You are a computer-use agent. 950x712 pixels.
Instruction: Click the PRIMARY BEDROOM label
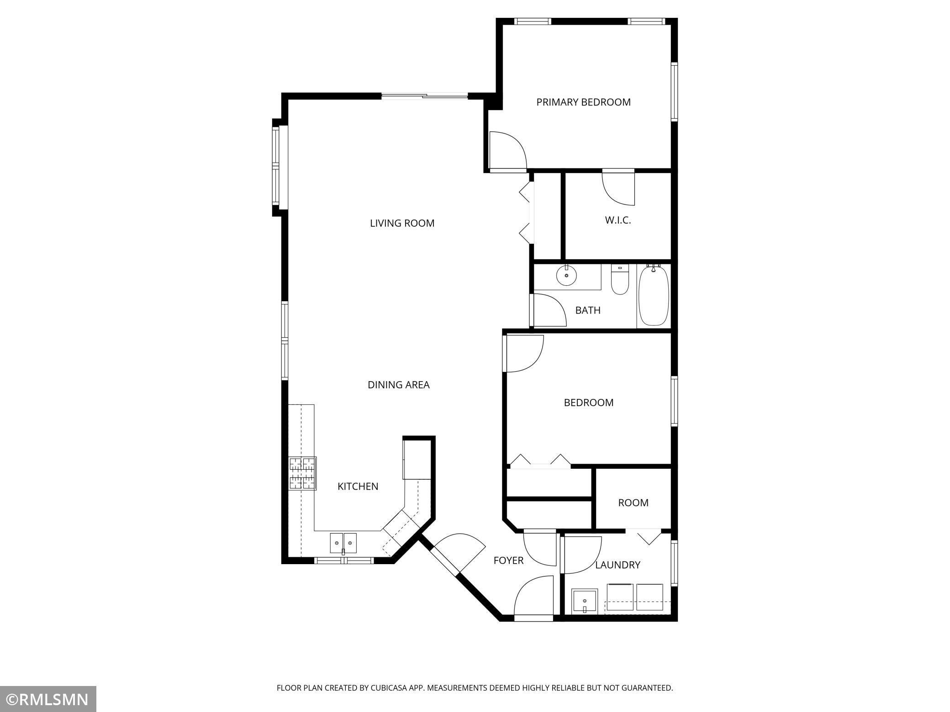point(583,102)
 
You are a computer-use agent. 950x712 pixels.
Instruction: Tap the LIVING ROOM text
point(402,223)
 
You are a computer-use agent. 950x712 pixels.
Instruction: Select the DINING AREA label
point(398,385)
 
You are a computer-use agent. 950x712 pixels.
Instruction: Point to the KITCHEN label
point(358,487)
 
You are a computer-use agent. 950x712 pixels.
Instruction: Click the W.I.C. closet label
point(618,220)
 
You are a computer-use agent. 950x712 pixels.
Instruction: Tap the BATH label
point(588,310)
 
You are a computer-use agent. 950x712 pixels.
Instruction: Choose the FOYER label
point(508,560)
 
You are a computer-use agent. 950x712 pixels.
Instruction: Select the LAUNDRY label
point(617,565)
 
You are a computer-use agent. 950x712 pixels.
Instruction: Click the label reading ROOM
point(633,503)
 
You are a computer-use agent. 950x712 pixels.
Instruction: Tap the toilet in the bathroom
point(620,280)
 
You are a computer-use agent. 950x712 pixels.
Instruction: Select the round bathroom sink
point(566,276)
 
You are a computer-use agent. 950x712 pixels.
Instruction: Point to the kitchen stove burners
point(302,473)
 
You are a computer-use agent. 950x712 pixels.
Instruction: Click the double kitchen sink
point(343,543)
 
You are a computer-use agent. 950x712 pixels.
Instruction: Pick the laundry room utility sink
point(585,602)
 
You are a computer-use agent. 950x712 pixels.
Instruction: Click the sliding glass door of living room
point(424,96)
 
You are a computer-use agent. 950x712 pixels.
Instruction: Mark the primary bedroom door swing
point(508,150)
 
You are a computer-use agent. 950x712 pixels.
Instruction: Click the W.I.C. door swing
point(618,188)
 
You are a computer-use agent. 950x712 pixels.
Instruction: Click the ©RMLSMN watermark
point(48,699)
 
